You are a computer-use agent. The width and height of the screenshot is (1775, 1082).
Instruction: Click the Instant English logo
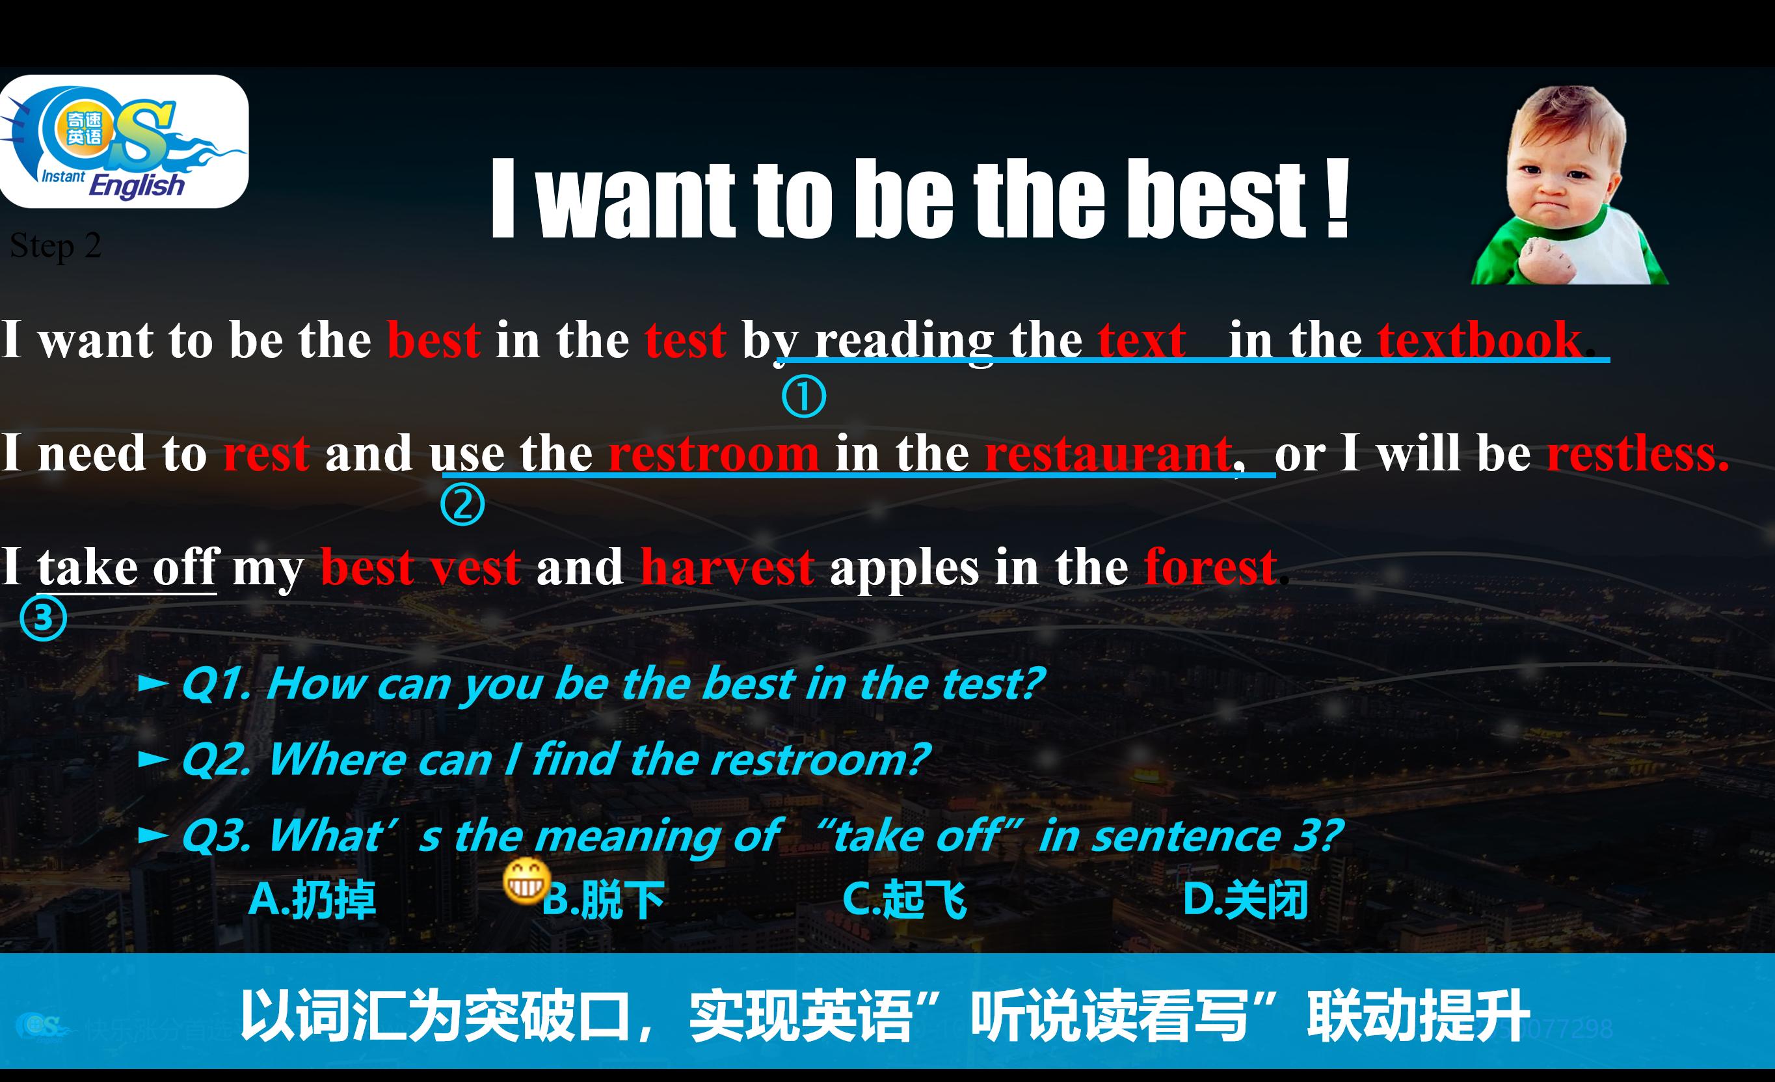124,142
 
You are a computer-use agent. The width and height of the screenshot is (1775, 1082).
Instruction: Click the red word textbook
1479,340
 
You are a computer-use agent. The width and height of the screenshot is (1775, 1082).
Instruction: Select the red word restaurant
1108,454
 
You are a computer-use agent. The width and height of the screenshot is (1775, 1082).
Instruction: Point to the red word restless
1637,454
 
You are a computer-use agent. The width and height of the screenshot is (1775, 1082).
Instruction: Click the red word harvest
727,567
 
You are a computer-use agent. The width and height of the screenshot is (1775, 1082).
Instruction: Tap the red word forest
1210,567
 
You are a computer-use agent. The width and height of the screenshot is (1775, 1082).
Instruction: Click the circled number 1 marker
803,397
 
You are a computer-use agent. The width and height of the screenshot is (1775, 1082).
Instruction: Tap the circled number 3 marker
43,618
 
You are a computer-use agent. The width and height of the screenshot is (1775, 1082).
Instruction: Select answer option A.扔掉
311,900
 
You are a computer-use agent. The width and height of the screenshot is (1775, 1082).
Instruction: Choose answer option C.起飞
904,900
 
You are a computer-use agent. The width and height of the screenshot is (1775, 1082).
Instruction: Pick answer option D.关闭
1245,900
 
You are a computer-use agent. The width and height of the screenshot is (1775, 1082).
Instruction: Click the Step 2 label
55,247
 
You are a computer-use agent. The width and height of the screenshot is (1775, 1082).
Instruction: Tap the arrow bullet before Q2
153,759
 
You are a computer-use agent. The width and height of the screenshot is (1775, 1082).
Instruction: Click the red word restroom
713,454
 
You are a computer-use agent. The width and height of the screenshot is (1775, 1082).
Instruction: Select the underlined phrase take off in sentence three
127,567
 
